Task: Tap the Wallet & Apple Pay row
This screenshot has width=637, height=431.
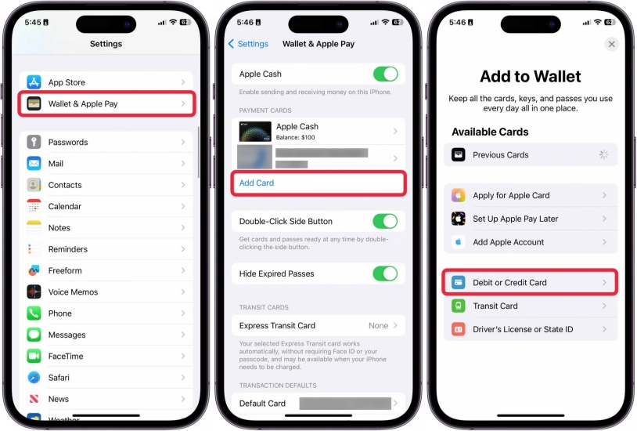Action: pyautogui.click(x=106, y=103)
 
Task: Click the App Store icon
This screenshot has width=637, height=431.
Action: pyautogui.click(x=34, y=82)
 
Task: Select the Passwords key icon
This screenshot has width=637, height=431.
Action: pyautogui.click(x=34, y=143)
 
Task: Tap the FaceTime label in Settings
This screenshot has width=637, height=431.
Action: pyautogui.click(x=66, y=357)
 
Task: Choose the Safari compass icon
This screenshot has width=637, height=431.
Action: pyautogui.click(x=34, y=378)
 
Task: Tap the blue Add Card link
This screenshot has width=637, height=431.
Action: pyautogui.click(x=257, y=183)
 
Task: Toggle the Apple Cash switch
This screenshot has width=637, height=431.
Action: pyautogui.click(x=385, y=74)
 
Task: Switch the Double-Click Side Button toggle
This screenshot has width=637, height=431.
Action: pyautogui.click(x=385, y=222)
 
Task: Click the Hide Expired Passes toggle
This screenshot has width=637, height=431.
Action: pyautogui.click(x=385, y=273)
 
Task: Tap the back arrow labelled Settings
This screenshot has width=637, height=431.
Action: pyautogui.click(x=247, y=44)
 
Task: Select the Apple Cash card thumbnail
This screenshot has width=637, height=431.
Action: pyautogui.click(x=255, y=131)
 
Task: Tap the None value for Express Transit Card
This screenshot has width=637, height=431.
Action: pyautogui.click(x=378, y=326)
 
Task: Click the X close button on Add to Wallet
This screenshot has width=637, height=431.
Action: pyautogui.click(x=612, y=45)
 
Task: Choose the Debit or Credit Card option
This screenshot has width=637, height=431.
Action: pyautogui.click(x=530, y=282)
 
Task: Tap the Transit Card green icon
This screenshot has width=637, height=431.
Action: pyautogui.click(x=459, y=306)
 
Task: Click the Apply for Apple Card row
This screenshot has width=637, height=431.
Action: pyautogui.click(x=530, y=195)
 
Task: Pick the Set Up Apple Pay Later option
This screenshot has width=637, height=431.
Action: pyautogui.click(x=530, y=219)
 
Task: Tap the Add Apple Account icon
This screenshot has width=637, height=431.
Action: pyautogui.click(x=459, y=242)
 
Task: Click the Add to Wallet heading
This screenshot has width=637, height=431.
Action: pyautogui.click(x=531, y=77)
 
